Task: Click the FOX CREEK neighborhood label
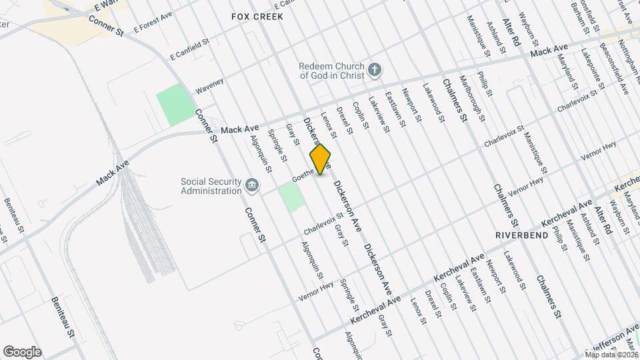tap(257, 15)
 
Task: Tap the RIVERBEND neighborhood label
tap(521, 235)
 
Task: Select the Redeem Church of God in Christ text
tap(331, 71)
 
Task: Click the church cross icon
tap(375, 69)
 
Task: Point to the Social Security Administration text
tap(211, 186)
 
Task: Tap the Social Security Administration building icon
tap(251, 186)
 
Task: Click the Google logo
tap(22, 351)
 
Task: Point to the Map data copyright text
tap(611, 354)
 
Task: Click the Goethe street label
tap(303, 176)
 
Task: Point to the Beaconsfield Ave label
tap(614, 62)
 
